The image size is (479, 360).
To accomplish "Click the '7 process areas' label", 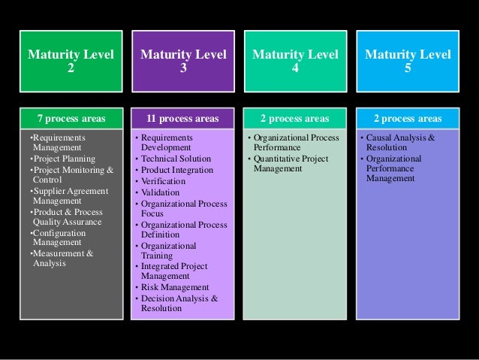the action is [x=72, y=118].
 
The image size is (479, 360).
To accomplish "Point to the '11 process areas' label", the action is [x=182, y=118].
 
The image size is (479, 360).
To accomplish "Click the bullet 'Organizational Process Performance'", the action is [x=294, y=144].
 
